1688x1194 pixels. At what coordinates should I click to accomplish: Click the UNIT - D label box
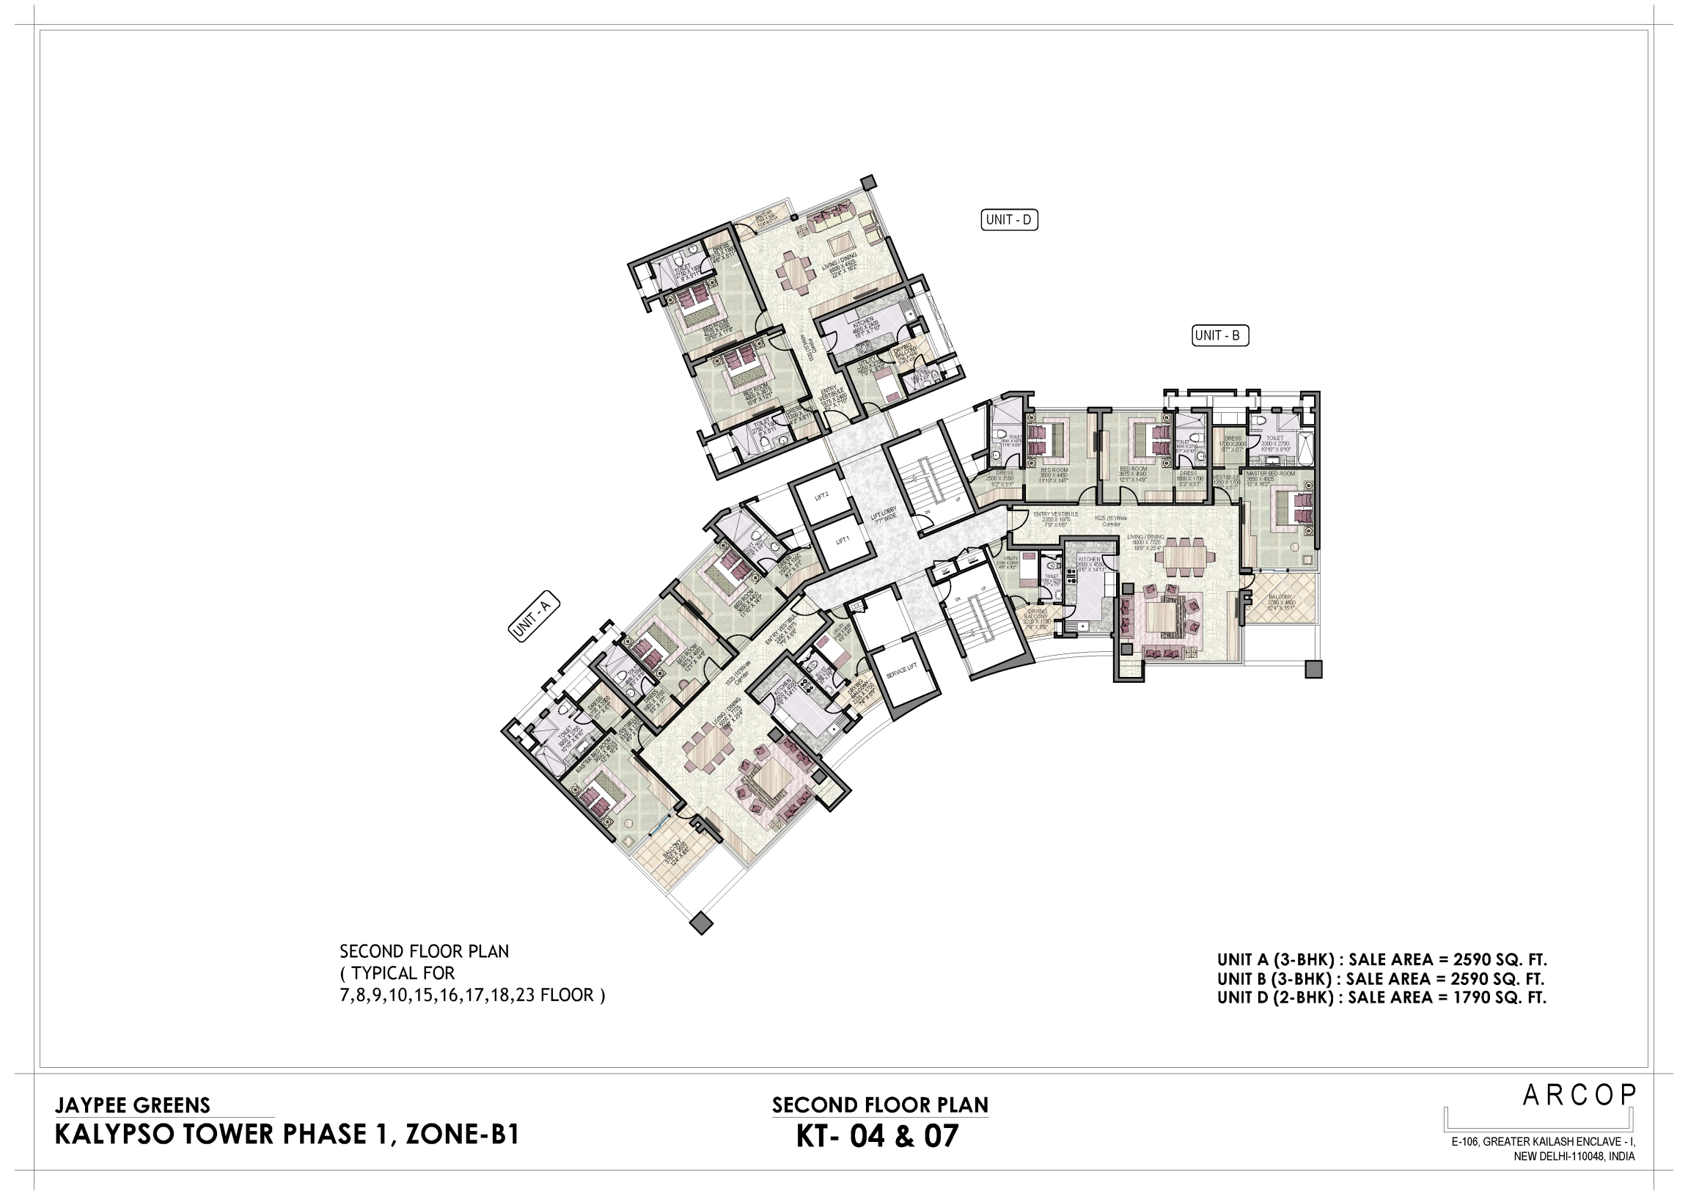[x=1009, y=220]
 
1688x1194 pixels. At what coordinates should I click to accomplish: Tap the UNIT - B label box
[x=1219, y=335]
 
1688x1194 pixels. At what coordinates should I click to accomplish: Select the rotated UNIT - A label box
[x=534, y=617]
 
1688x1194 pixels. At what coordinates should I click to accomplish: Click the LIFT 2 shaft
[x=822, y=496]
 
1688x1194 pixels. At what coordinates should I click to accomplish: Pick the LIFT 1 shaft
[x=843, y=541]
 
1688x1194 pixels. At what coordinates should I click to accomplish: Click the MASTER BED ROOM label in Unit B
[x=1271, y=475]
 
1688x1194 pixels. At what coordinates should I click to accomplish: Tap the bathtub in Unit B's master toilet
[x=1305, y=450]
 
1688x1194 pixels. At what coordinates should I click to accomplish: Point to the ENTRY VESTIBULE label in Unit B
[x=1055, y=515]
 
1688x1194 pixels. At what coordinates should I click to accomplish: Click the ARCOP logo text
[x=1578, y=1096]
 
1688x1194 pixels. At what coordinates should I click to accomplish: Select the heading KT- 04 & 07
[x=878, y=1137]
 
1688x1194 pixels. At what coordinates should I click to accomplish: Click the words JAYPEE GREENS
[x=132, y=1106]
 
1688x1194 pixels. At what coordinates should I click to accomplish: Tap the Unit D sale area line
[x=1381, y=997]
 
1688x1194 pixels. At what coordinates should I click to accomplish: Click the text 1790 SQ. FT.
[x=1500, y=997]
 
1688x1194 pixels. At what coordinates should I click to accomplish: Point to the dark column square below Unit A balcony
[x=701, y=923]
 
